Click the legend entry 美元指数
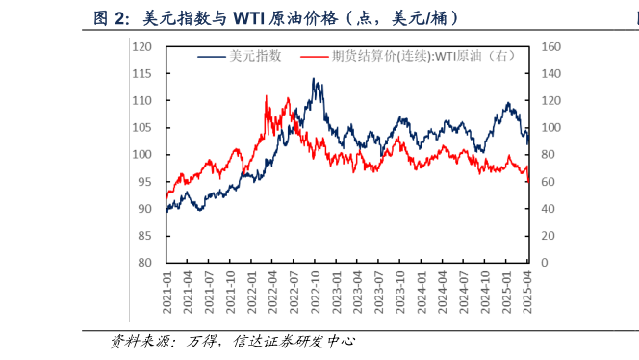(x=255, y=57)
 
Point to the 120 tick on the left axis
(x=142, y=46)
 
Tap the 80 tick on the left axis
(x=145, y=263)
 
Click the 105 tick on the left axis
(x=142, y=127)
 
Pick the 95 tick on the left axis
(x=145, y=182)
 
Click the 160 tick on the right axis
(x=550, y=46)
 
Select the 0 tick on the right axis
(x=544, y=263)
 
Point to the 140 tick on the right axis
(x=550, y=73)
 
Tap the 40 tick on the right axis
(x=547, y=209)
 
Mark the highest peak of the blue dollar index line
(x=314, y=79)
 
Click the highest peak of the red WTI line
(x=266, y=96)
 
